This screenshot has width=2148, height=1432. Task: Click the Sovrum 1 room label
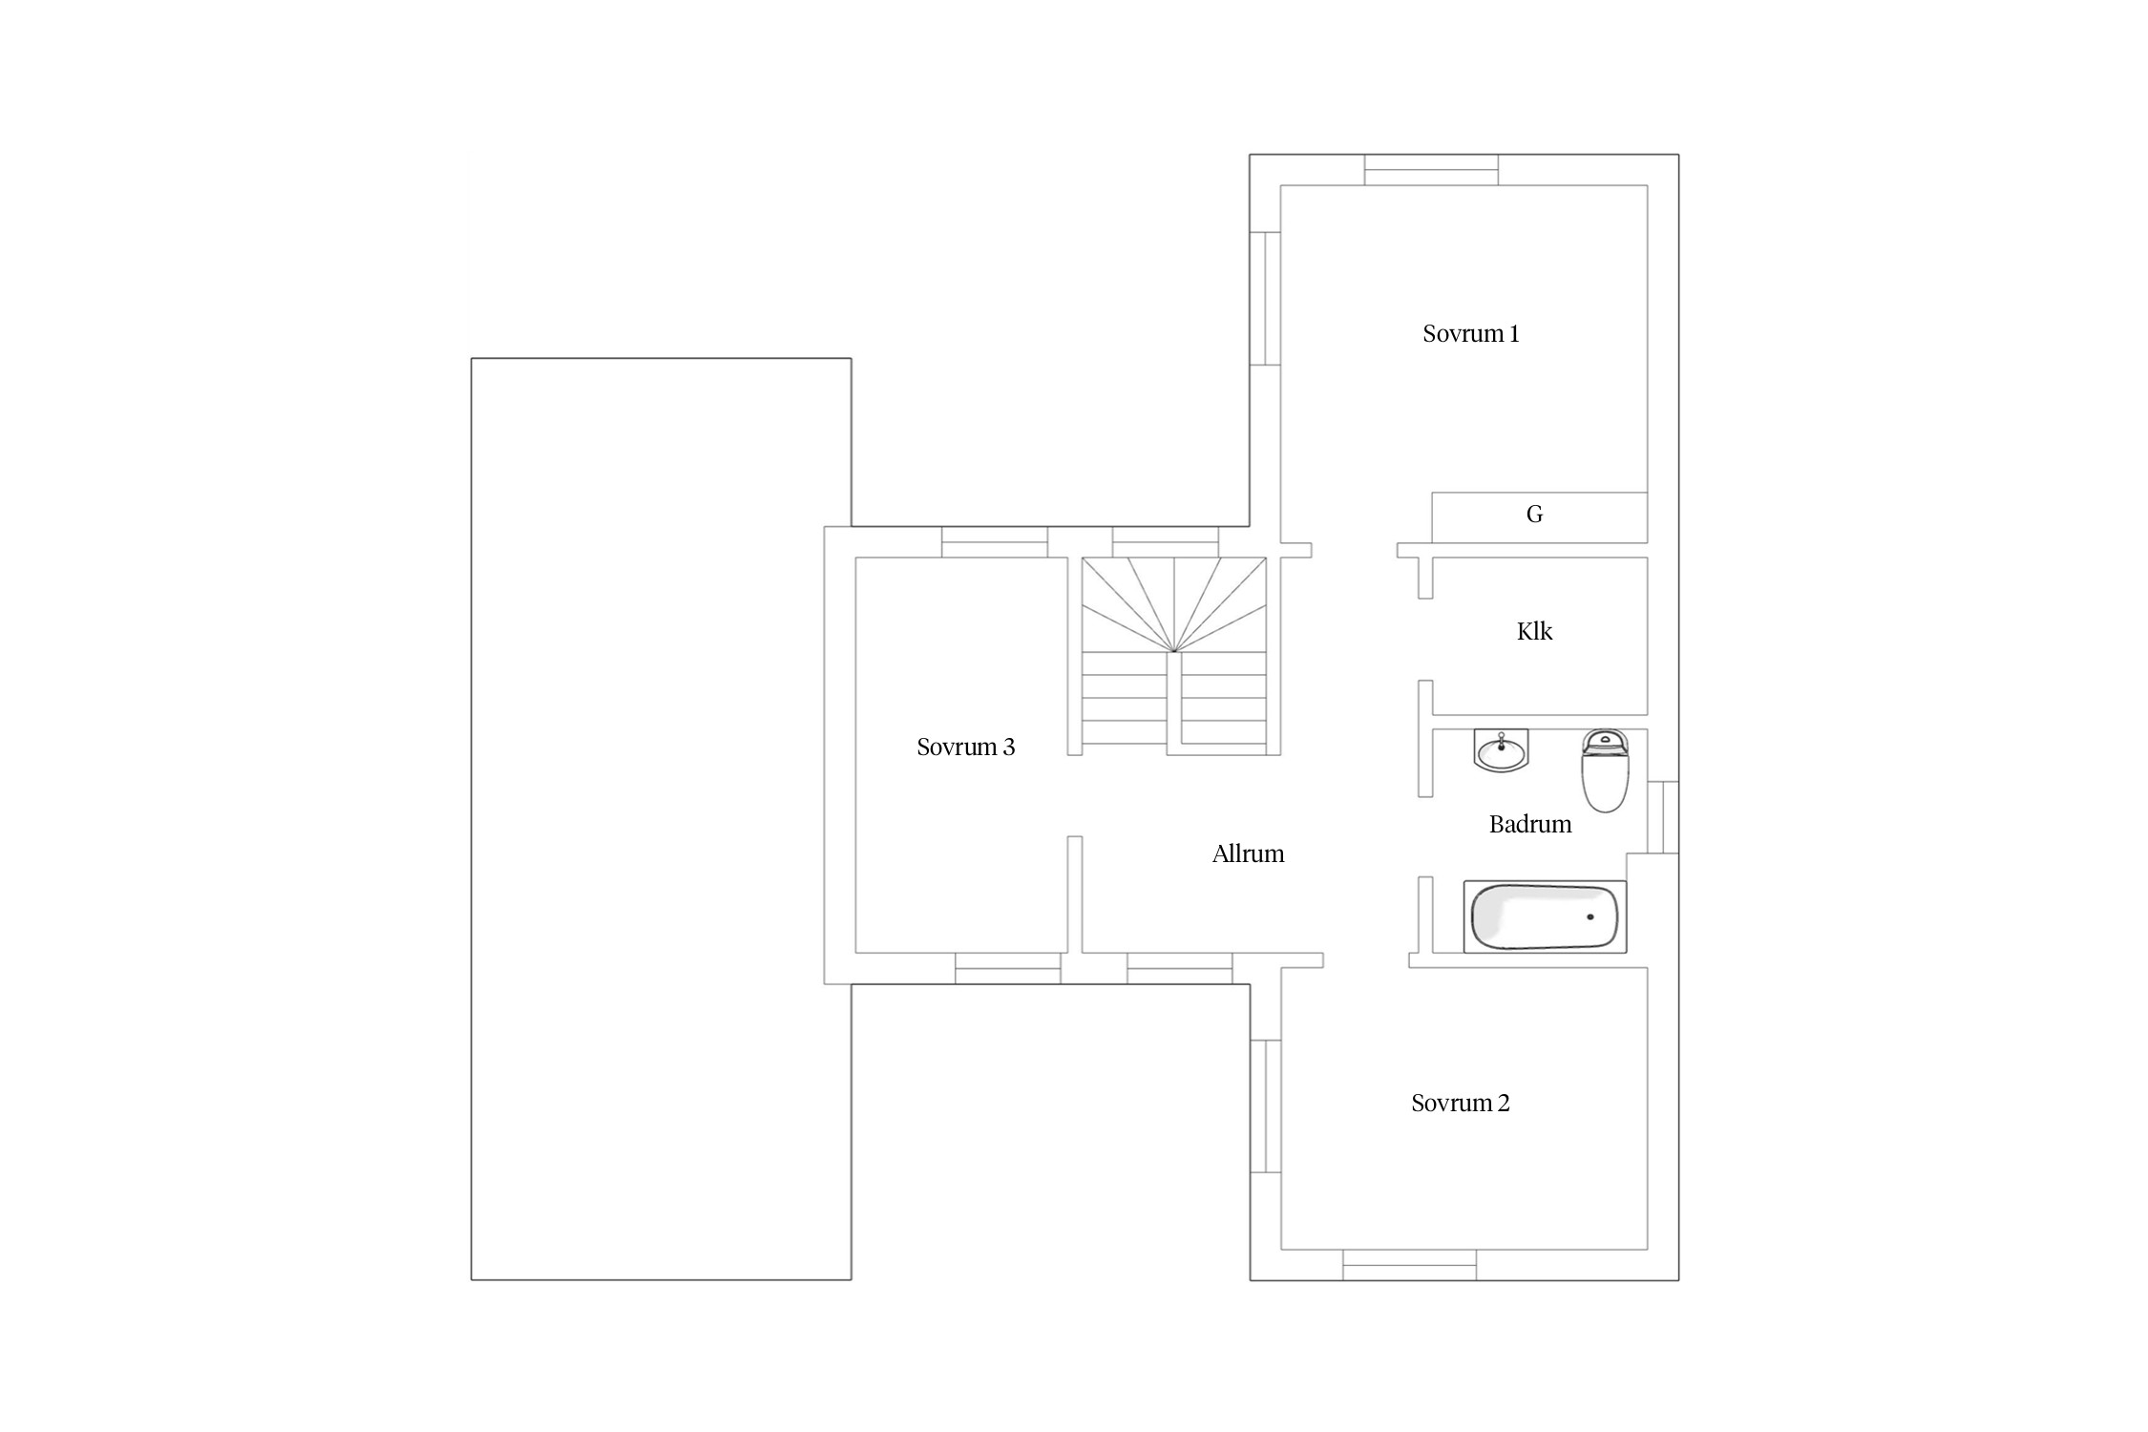pos(1470,334)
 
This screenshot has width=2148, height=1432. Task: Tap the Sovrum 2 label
pos(1461,1104)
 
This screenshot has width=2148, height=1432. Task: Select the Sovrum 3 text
pos(965,748)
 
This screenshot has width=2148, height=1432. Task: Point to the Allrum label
pos(1248,854)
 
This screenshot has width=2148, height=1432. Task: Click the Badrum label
pos(1530,825)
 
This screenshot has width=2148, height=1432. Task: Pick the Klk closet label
pos(1534,632)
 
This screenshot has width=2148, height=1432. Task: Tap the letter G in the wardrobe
pos(1534,515)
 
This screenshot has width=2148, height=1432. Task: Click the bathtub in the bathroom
pos(1546,916)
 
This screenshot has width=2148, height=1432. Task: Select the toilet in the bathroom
pos(1605,770)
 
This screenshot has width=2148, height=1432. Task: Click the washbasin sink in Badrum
pos(1502,750)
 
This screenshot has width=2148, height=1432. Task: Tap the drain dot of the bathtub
pos(1590,917)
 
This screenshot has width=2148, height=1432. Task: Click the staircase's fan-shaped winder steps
pos(1174,604)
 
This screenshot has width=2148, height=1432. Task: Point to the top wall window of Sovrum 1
pos(1431,170)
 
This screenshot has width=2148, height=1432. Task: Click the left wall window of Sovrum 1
pos(1265,299)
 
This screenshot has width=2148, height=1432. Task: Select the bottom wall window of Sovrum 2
pos(1410,1265)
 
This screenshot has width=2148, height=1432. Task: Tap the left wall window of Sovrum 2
pos(1265,1106)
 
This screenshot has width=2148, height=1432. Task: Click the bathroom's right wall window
pos(1663,817)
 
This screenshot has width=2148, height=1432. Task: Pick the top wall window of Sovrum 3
pos(995,542)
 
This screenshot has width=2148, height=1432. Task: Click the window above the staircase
pos(1166,542)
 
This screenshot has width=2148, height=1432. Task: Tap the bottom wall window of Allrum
pos(1180,968)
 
